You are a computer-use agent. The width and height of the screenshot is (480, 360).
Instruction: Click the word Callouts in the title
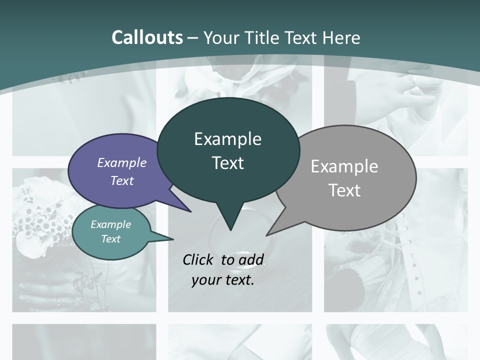click(147, 37)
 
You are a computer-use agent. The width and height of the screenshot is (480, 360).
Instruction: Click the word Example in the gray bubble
click(344, 166)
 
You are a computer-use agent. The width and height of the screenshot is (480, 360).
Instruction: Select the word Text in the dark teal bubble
click(228, 163)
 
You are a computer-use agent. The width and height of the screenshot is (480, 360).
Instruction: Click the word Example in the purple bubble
click(122, 162)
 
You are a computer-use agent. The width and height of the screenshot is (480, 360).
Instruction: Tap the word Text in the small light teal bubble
click(110, 239)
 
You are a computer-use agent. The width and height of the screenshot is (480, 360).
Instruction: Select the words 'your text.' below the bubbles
click(223, 280)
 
